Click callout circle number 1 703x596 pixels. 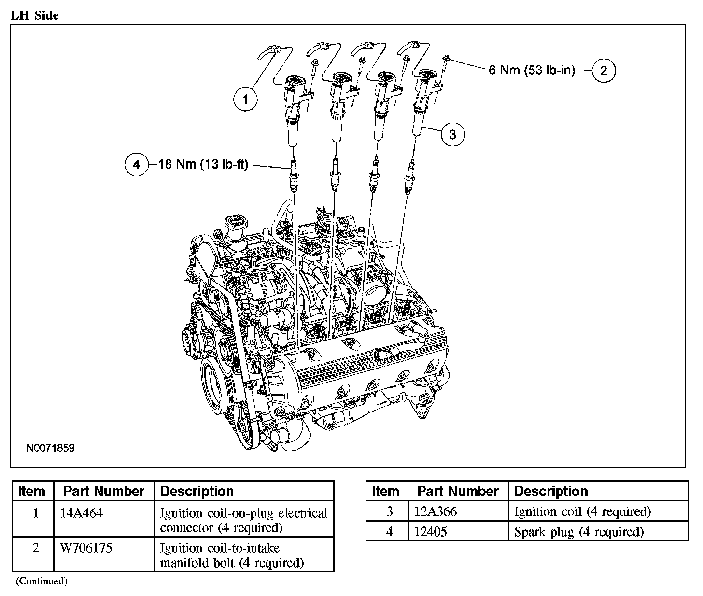coord(245,99)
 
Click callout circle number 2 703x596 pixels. coord(603,71)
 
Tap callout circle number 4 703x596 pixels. coord(137,165)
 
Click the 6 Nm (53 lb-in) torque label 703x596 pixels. coord(532,71)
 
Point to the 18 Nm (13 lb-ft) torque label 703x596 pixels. coord(203,165)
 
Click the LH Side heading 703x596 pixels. coord(34,15)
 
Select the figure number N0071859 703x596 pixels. coord(51,448)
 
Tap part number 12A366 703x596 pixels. coord(436,511)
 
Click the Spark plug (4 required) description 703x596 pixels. coord(579,532)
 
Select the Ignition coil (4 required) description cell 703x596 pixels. coord(583,511)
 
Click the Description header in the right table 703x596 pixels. coord(551,491)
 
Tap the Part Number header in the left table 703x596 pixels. coord(104,491)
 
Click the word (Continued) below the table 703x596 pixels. coord(42,581)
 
